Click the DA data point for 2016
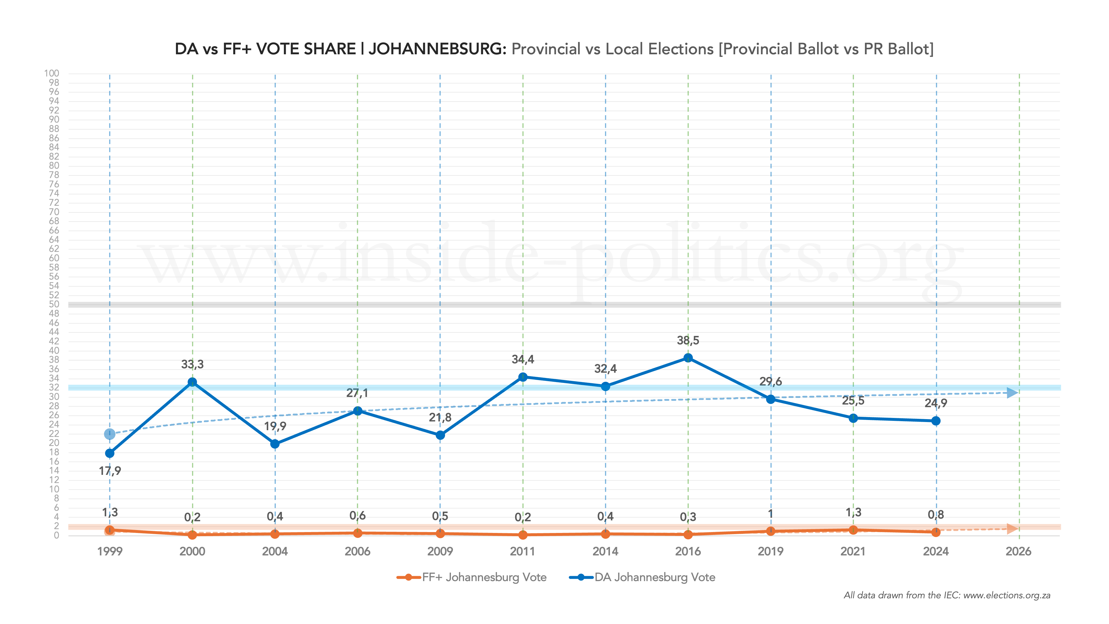[x=688, y=358]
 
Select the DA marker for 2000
[x=192, y=382]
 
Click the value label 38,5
[x=688, y=341]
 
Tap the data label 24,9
[x=936, y=403]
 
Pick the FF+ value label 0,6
[x=357, y=515]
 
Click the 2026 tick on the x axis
[x=1018, y=551]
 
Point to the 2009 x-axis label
[x=440, y=551]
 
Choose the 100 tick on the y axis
[x=52, y=73]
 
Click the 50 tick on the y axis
[x=54, y=304]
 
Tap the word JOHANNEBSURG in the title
[x=437, y=49]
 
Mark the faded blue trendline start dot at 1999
[x=110, y=434]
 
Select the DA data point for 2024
[x=936, y=421]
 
